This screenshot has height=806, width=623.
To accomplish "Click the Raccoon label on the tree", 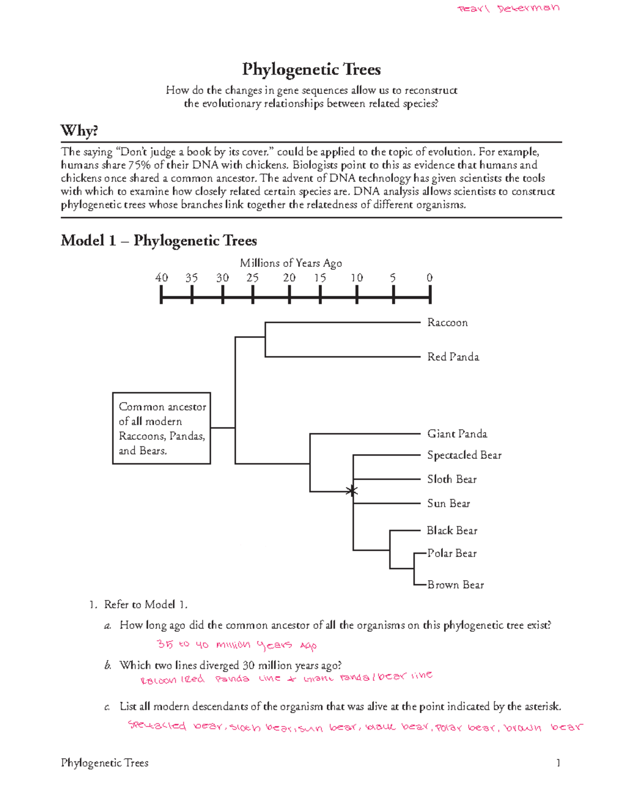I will click(x=447, y=323).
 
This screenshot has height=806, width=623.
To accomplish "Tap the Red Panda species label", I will click(x=453, y=357).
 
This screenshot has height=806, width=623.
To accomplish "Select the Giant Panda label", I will click(x=457, y=434).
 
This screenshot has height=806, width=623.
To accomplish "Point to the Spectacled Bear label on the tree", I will click(x=464, y=455).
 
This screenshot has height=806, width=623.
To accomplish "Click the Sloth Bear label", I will click(x=452, y=480).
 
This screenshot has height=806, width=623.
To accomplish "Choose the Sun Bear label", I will click(x=449, y=503).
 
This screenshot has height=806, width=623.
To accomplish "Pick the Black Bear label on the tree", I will click(x=452, y=530).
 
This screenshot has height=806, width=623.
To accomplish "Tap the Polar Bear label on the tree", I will click(x=452, y=553).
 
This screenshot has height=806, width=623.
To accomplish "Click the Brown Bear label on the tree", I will click(x=455, y=585).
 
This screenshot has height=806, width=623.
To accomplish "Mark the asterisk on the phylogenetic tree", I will click(x=353, y=490).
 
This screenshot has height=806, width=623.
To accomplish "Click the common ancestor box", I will click(x=161, y=428).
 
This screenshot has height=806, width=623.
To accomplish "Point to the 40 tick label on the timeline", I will click(x=161, y=278).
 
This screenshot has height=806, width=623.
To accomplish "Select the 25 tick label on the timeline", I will click(x=252, y=278).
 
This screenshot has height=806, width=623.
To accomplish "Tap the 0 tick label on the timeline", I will click(x=429, y=278).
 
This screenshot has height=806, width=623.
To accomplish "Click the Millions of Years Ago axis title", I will click(x=291, y=263).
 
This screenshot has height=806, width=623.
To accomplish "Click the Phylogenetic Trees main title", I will click(x=311, y=70).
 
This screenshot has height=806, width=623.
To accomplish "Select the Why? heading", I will click(x=79, y=130).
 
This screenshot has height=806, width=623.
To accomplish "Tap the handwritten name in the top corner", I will click(x=508, y=8).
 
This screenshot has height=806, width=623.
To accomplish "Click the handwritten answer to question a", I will click(x=237, y=645).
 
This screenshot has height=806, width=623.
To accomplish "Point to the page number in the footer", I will click(x=558, y=763).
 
